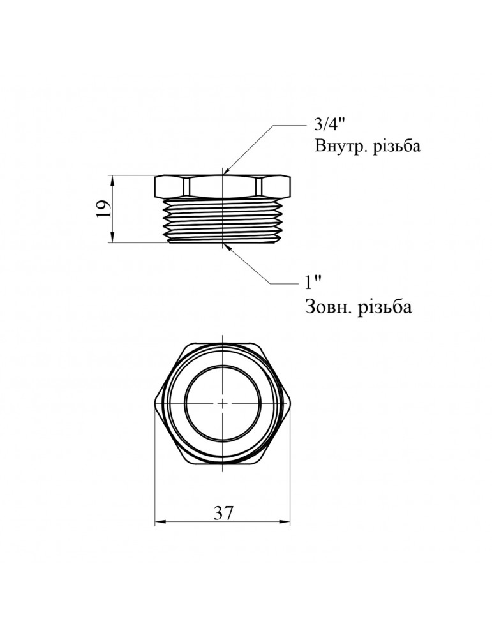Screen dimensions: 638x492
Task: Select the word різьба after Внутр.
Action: click(394, 147)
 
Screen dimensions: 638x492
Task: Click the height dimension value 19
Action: click(103, 209)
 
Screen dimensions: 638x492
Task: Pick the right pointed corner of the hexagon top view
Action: click(290, 403)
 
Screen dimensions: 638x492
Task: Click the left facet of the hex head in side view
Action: click(169, 186)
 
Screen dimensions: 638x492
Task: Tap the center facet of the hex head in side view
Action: click(223, 186)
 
